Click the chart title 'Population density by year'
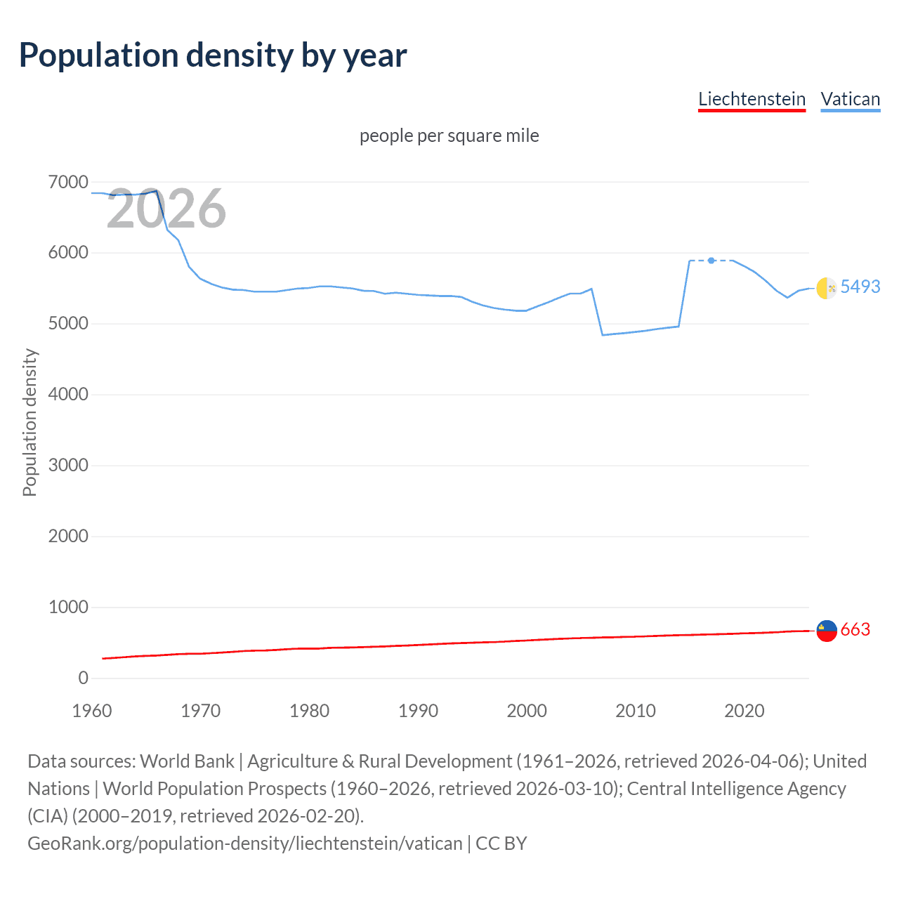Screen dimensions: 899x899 pyautogui.click(x=213, y=55)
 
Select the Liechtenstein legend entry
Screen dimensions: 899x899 pyautogui.click(x=752, y=99)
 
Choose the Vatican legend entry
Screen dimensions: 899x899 pyautogui.click(x=850, y=99)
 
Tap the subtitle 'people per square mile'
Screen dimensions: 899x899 pyautogui.click(x=449, y=136)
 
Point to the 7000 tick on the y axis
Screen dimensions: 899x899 pyautogui.click(x=69, y=183)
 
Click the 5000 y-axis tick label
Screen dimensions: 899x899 pyautogui.click(x=69, y=324)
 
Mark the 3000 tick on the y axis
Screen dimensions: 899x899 pyautogui.click(x=69, y=466)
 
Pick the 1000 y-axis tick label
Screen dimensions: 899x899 pyautogui.click(x=69, y=608)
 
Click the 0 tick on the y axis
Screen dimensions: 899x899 pyautogui.click(x=84, y=678)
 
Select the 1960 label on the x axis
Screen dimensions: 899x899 pyautogui.click(x=92, y=711)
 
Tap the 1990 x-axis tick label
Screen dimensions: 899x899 pyautogui.click(x=418, y=711)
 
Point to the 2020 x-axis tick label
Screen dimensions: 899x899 pyautogui.click(x=744, y=711)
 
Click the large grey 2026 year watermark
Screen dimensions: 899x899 pyautogui.click(x=166, y=209)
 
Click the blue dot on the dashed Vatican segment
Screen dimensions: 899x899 pyautogui.click(x=711, y=261)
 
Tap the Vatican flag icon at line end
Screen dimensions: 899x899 pyautogui.click(x=827, y=288)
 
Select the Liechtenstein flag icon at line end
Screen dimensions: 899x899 pyautogui.click(x=827, y=631)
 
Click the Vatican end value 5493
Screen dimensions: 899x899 pyautogui.click(x=860, y=287)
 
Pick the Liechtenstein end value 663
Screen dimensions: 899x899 pyautogui.click(x=855, y=630)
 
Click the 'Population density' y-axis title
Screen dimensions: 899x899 pyautogui.click(x=29, y=423)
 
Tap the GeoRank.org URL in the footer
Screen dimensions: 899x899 pyautogui.click(x=245, y=844)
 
